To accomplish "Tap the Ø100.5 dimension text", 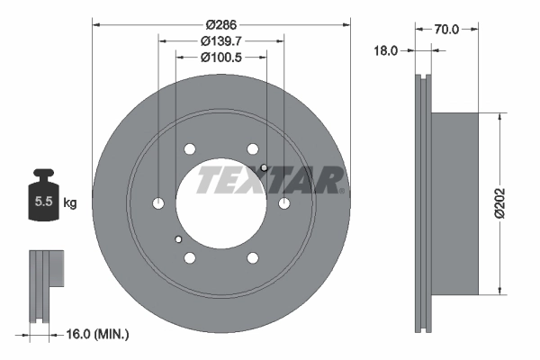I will pyautogui.click(x=221, y=57).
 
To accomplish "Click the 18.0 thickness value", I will pyautogui.click(x=385, y=51).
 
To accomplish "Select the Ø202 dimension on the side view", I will pyautogui.click(x=511, y=202).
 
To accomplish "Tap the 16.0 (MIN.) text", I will pyautogui.click(x=99, y=334).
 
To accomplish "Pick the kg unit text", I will pyautogui.click(x=70, y=203).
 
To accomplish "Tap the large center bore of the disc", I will pyautogui.click(x=221, y=203).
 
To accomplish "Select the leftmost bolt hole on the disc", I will pyautogui.click(x=159, y=203).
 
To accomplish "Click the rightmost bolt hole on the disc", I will pyautogui.click(x=284, y=203).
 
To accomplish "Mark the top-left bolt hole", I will pyautogui.click(x=190, y=149).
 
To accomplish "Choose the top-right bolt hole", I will pyautogui.click(x=253, y=149).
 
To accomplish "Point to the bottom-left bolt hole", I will pyautogui.click(x=190, y=258).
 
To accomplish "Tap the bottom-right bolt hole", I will pyautogui.click(x=253, y=258).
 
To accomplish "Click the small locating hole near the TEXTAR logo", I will pyautogui.click(x=263, y=168).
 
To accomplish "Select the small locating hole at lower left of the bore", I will pyautogui.click(x=179, y=238).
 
